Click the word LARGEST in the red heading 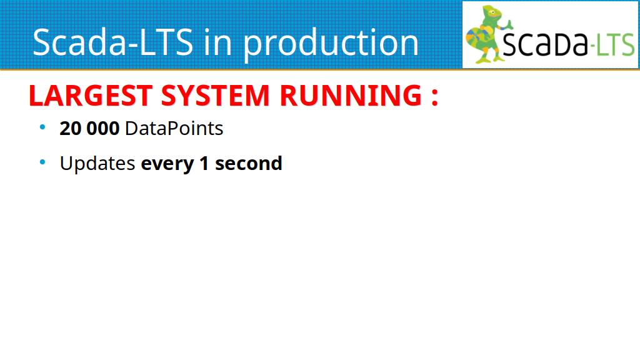point(91,96)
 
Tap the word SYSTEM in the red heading point(216,96)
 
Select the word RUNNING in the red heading point(351,96)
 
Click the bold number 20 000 point(89,129)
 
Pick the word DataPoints point(174,129)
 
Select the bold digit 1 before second point(204,163)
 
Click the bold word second point(249,163)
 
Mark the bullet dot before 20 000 point(42,127)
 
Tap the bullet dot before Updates point(42,162)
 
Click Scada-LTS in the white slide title point(112,42)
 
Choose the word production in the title point(331,44)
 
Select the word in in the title point(218,42)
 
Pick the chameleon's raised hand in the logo point(508,24)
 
